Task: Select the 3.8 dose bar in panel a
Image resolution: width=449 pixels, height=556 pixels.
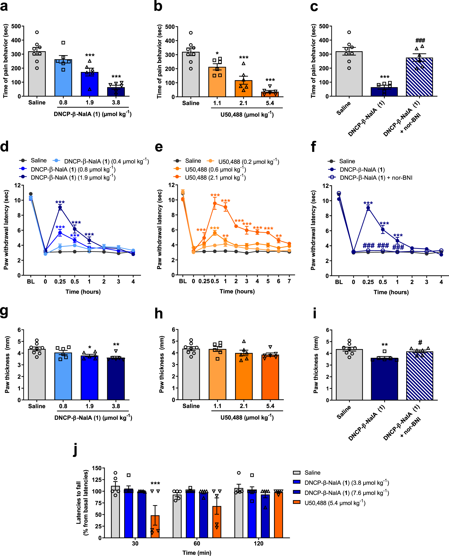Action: click(116, 92)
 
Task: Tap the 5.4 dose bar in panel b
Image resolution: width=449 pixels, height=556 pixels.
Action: click(270, 94)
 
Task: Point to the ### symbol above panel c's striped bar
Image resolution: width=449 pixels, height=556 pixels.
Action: click(420, 41)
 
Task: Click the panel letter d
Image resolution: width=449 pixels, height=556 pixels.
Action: click(4, 147)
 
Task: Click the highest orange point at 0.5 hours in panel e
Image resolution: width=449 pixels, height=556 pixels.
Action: click(215, 203)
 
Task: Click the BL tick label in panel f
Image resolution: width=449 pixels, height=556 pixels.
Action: click(339, 282)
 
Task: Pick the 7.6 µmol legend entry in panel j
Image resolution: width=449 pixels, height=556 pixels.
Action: click(347, 493)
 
